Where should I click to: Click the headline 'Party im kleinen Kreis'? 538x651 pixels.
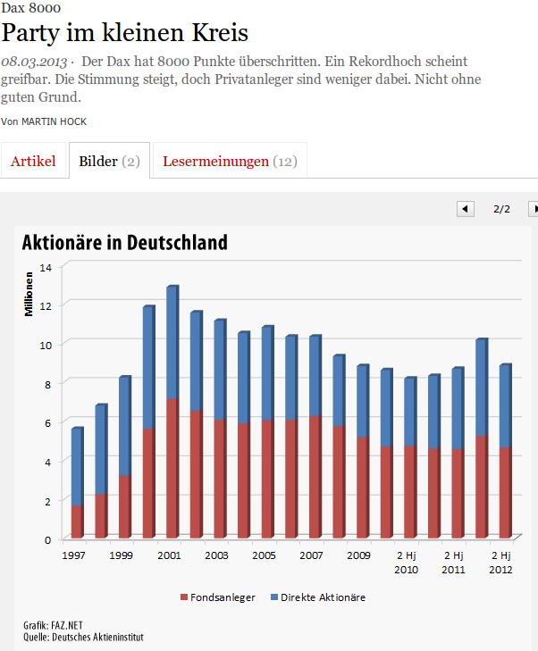coord(125,33)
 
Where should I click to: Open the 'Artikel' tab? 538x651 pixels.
coord(33,162)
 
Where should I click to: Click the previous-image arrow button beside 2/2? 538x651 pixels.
coord(465,209)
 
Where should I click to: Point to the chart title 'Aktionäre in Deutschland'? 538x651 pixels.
coord(124,242)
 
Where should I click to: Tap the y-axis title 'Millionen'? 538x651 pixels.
coord(29,295)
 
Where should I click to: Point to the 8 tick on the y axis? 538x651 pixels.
coord(48,383)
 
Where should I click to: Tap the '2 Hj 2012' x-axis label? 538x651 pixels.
coord(501,562)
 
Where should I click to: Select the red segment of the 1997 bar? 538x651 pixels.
coord(77,522)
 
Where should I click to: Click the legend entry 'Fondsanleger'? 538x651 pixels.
coord(220,597)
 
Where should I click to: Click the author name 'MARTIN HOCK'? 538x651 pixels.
coord(55,121)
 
